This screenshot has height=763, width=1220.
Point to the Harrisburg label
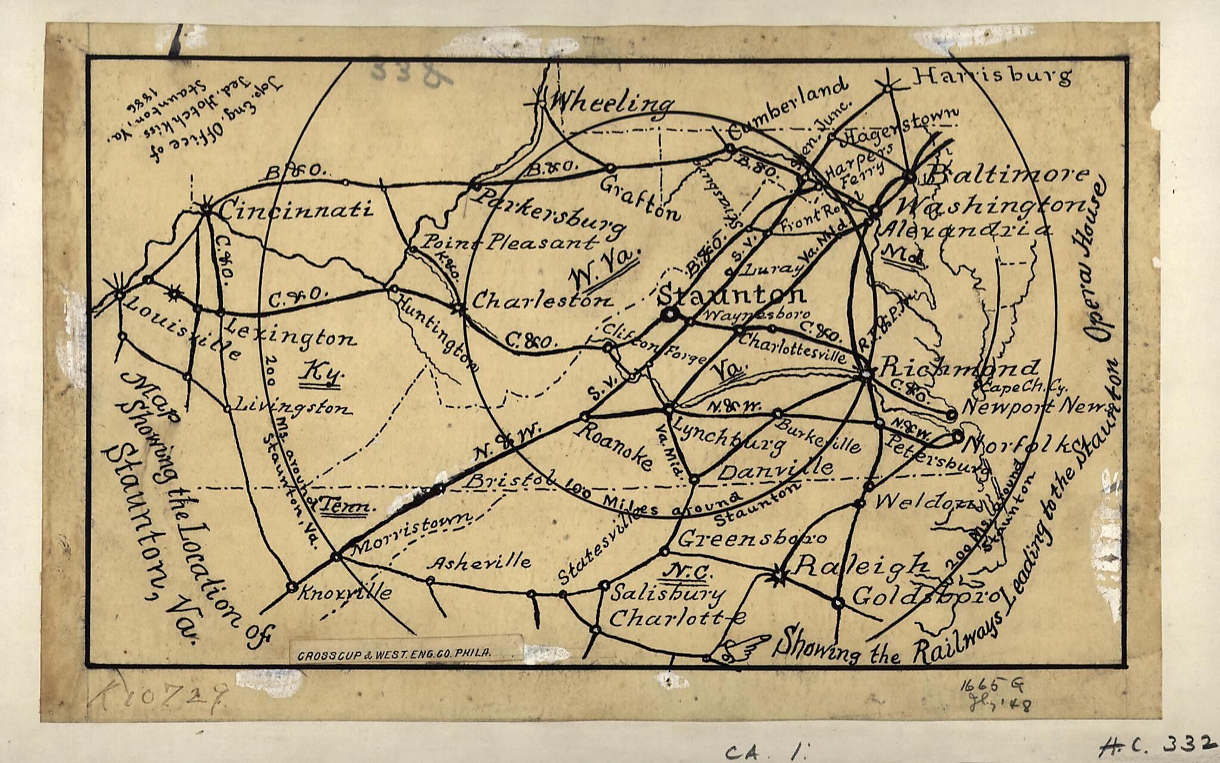992,76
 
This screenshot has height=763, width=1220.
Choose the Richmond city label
959,367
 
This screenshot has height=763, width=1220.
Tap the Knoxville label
345,592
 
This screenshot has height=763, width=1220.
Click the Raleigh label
860,565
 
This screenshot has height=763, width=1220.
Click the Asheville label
480,562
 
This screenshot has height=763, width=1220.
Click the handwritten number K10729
160,696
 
